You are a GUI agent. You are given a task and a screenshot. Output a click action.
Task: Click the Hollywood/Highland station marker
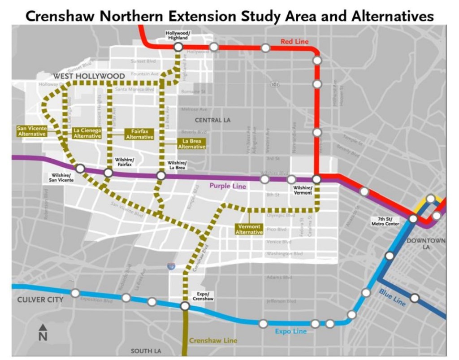tap(178, 47)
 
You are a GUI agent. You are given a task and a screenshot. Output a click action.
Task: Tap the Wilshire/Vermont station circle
tap(316, 179)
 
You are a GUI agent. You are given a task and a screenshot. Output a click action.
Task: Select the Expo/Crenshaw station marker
tap(185, 306)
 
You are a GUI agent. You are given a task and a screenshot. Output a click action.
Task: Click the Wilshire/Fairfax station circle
tap(108, 173)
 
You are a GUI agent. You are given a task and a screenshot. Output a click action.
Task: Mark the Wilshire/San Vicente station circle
tap(80, 169)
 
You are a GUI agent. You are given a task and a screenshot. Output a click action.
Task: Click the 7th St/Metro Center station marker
tap(413, 219)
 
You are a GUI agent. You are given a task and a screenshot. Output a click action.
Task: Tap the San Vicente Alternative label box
tap(31, 131)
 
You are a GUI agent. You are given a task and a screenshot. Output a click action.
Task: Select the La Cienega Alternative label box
tap(87, 133)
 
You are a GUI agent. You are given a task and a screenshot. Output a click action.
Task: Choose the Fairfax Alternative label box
tap(139, 134)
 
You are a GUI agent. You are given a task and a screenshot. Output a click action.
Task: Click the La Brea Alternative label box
tap(192, 144)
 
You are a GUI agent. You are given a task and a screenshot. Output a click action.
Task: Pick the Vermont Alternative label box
tap(249, 230)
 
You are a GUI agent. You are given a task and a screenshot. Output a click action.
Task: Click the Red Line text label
tap(294, 42)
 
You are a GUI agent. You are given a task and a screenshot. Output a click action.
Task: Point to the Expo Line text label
tap(291, 331)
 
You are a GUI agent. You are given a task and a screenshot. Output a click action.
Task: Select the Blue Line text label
tap(392, 297)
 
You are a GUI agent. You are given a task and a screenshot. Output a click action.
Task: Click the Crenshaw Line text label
tap(213, 341)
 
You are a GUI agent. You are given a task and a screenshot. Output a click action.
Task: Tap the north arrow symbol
tap(43, 332)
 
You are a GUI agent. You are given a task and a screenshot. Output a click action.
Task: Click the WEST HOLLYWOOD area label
tap(89, 77)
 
